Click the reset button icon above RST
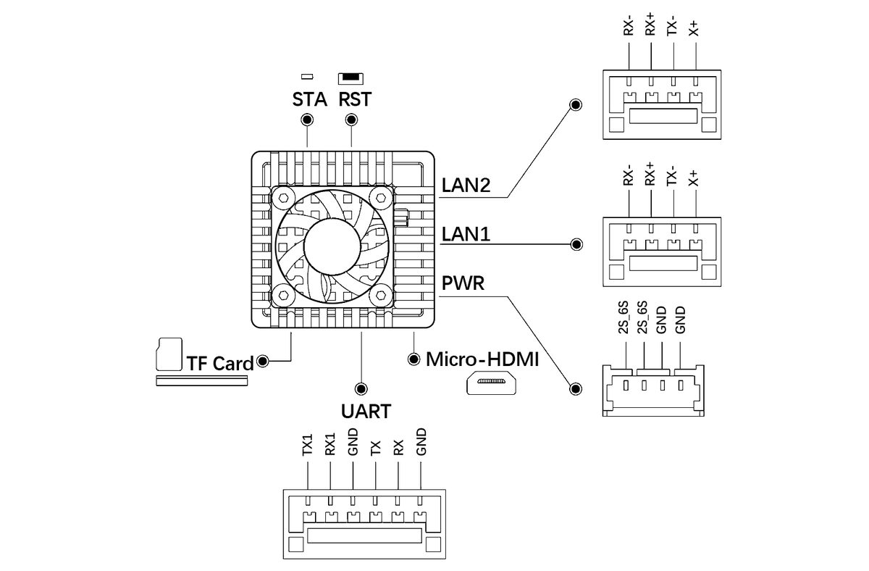[351, 77]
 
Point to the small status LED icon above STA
[307, 76]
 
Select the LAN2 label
[466, 186]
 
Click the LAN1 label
[466, 234]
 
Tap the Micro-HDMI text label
[482, 359]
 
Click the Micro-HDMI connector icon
[492, 383]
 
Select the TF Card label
[220, 363]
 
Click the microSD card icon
[168, 353]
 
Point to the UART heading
[366, 412]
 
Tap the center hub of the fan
[332, 244]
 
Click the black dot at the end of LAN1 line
[576, 244]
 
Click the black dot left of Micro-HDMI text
[414, 359]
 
